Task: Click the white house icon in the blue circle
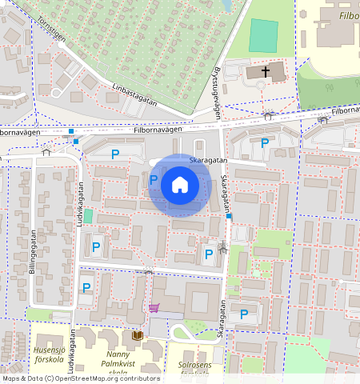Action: [180, 186]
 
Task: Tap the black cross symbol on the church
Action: [266, 72]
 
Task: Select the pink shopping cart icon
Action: [154, 307]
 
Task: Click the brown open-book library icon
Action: [138, 336]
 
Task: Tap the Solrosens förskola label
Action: [194, 369]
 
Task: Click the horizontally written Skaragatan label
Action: [209, 160]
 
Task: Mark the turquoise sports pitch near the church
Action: [263, 35]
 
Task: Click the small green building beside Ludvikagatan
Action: [88, 216]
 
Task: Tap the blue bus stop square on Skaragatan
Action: [230, 217]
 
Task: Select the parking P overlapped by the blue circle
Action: [153, 180]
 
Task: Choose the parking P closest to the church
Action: [265, 143]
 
